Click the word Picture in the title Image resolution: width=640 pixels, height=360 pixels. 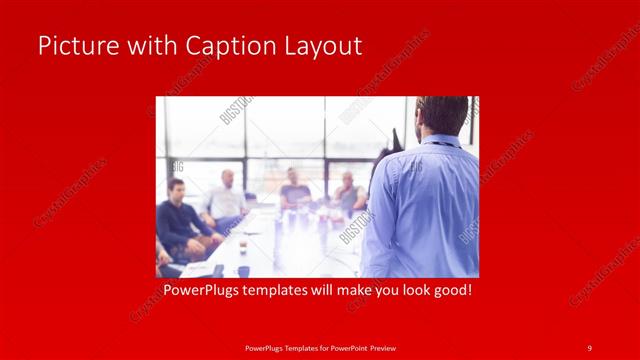pos(73,46)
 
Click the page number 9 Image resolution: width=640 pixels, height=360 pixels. pos(589,347)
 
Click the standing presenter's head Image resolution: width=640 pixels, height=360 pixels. pos(443,115)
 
